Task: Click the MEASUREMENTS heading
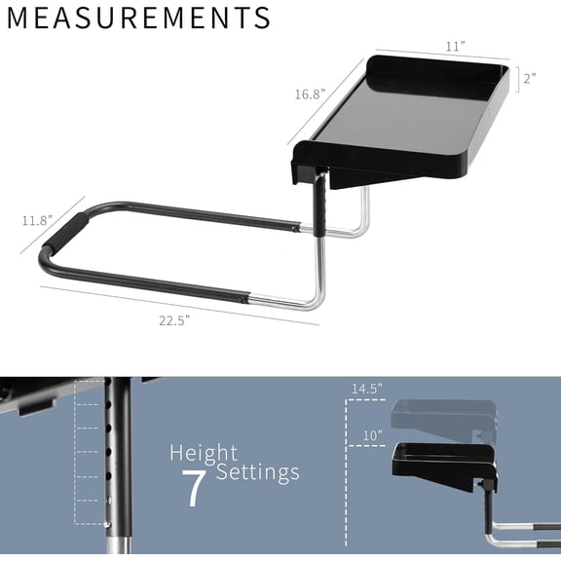coord(140,19)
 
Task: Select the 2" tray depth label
coord(529,79)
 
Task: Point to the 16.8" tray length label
coord(309,94)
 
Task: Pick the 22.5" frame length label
coord(174,321)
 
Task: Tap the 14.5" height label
coord(367,389)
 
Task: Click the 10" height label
coord(371,435)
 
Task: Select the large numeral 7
coord(195,487)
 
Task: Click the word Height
coord(203,453)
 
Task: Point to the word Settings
coord(257,472)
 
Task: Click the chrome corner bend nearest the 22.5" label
coord(314,297)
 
